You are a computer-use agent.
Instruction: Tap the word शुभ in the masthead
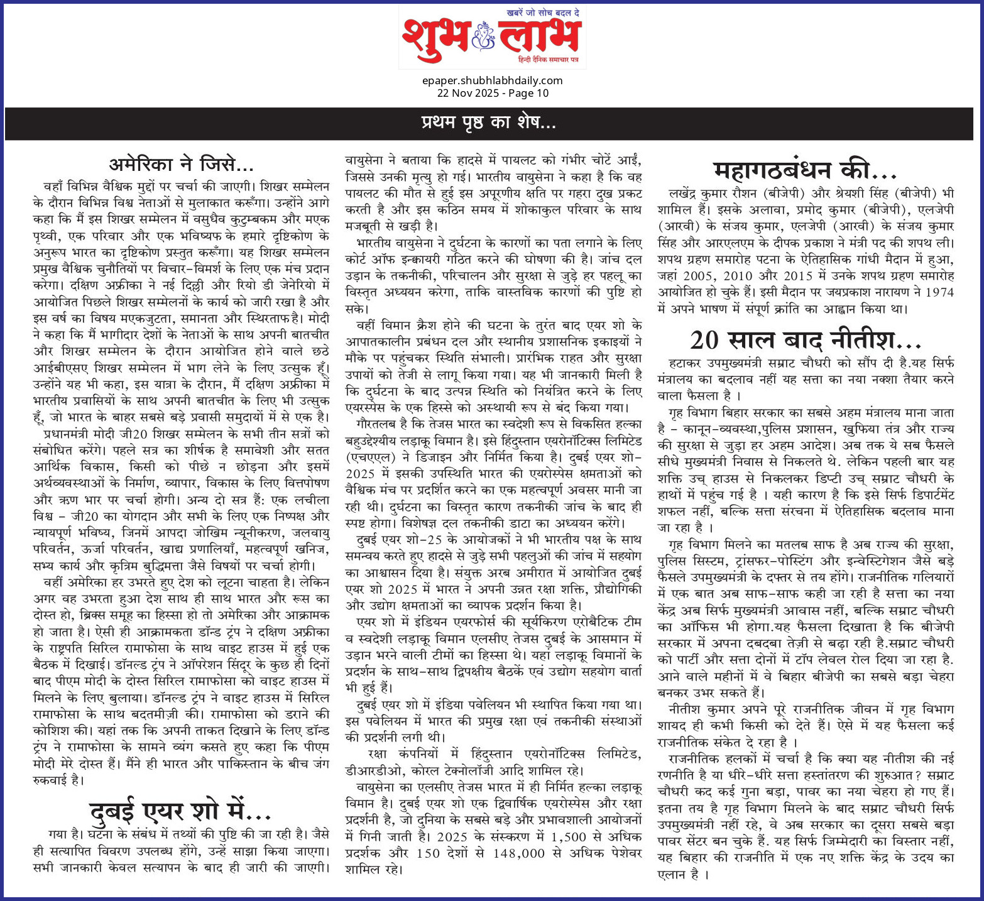click(x=437, y=36)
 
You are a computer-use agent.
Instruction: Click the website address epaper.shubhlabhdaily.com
click(x=493, y=80)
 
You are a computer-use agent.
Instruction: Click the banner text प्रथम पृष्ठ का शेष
click(x=488, y=123)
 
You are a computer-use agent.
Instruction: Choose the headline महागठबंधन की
click(x=806, y=170)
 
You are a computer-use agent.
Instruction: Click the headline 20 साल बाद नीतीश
click(x=806, y=340)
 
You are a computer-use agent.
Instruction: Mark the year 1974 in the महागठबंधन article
click(x=940, y=292)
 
